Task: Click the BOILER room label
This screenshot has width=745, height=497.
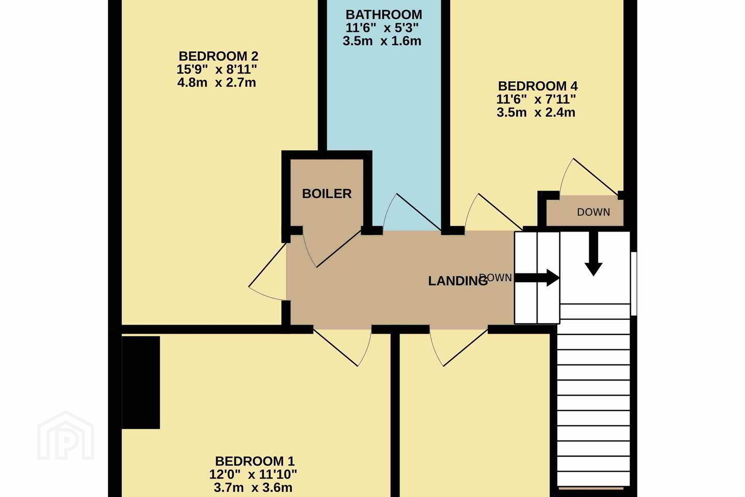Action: (326, 194)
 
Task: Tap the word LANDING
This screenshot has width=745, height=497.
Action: (458, 281)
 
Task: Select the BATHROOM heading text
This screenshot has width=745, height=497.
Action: (384, 14)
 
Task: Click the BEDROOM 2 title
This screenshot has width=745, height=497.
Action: (218, 56)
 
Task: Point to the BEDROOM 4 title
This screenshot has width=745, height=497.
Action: (538, 86)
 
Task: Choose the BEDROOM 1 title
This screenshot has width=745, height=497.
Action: (255, 461)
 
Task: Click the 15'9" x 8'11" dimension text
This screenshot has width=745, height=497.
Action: (216, 69)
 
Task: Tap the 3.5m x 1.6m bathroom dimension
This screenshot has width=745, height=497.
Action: (382, 41)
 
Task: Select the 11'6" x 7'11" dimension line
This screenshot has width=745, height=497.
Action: (536, 99)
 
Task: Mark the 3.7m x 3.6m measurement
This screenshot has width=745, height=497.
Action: (253, 488)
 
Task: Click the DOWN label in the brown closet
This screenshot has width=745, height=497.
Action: (594, 212)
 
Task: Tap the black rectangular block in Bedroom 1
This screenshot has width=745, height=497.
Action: (141, 383)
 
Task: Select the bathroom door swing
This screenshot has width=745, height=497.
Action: (412, 212)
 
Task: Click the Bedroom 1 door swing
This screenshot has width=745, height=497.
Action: (342, 347)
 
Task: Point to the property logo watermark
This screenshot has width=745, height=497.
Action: (66, 435)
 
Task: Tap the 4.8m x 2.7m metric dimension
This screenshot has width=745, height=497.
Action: (216, 82)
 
